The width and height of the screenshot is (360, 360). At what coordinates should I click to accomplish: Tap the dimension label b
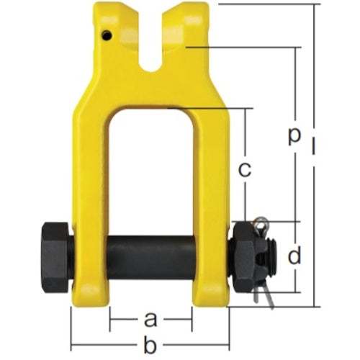(x=150, y=346)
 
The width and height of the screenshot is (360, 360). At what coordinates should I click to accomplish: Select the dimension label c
(x=244, y=171)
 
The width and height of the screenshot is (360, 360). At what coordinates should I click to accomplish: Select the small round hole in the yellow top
(x=106, y=36)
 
